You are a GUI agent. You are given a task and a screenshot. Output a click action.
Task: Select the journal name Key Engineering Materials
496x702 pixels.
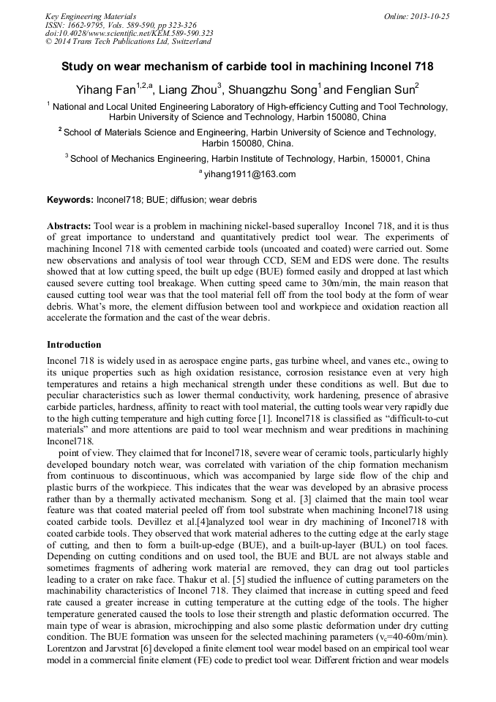pyautogui.click(x=91, y=16)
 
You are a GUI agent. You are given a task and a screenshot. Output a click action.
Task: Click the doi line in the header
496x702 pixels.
pyautogui.click(x=129, y=33)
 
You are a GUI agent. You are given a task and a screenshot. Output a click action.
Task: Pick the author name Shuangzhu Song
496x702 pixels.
pyautogui.click(x=271, y=90)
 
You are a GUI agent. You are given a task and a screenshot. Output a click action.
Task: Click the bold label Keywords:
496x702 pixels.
pyautogui.click(x=70, y=200)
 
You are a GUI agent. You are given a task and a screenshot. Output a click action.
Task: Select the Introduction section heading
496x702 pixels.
pyautogui.click(x=74, y=345)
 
